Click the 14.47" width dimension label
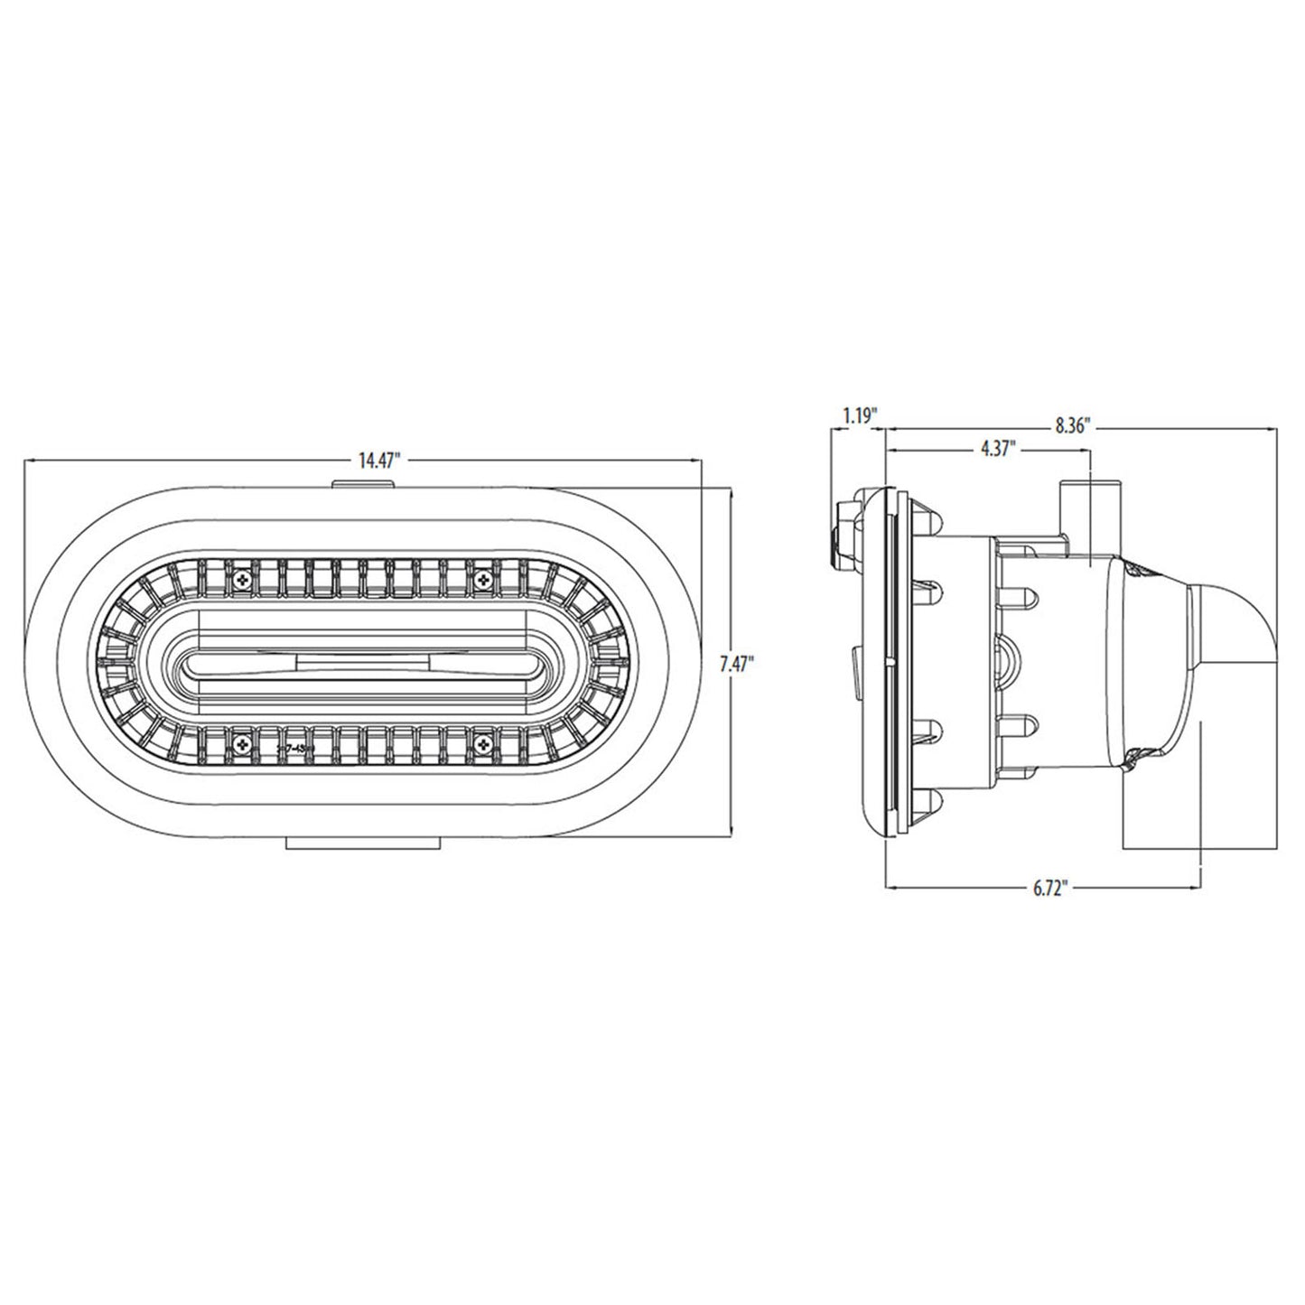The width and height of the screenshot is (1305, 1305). point(378,461)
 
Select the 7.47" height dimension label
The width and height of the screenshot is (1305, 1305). point(736,664)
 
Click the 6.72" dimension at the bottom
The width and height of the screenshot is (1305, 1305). point(1050,887)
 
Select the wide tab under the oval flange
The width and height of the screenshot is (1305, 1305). point(362,842)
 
